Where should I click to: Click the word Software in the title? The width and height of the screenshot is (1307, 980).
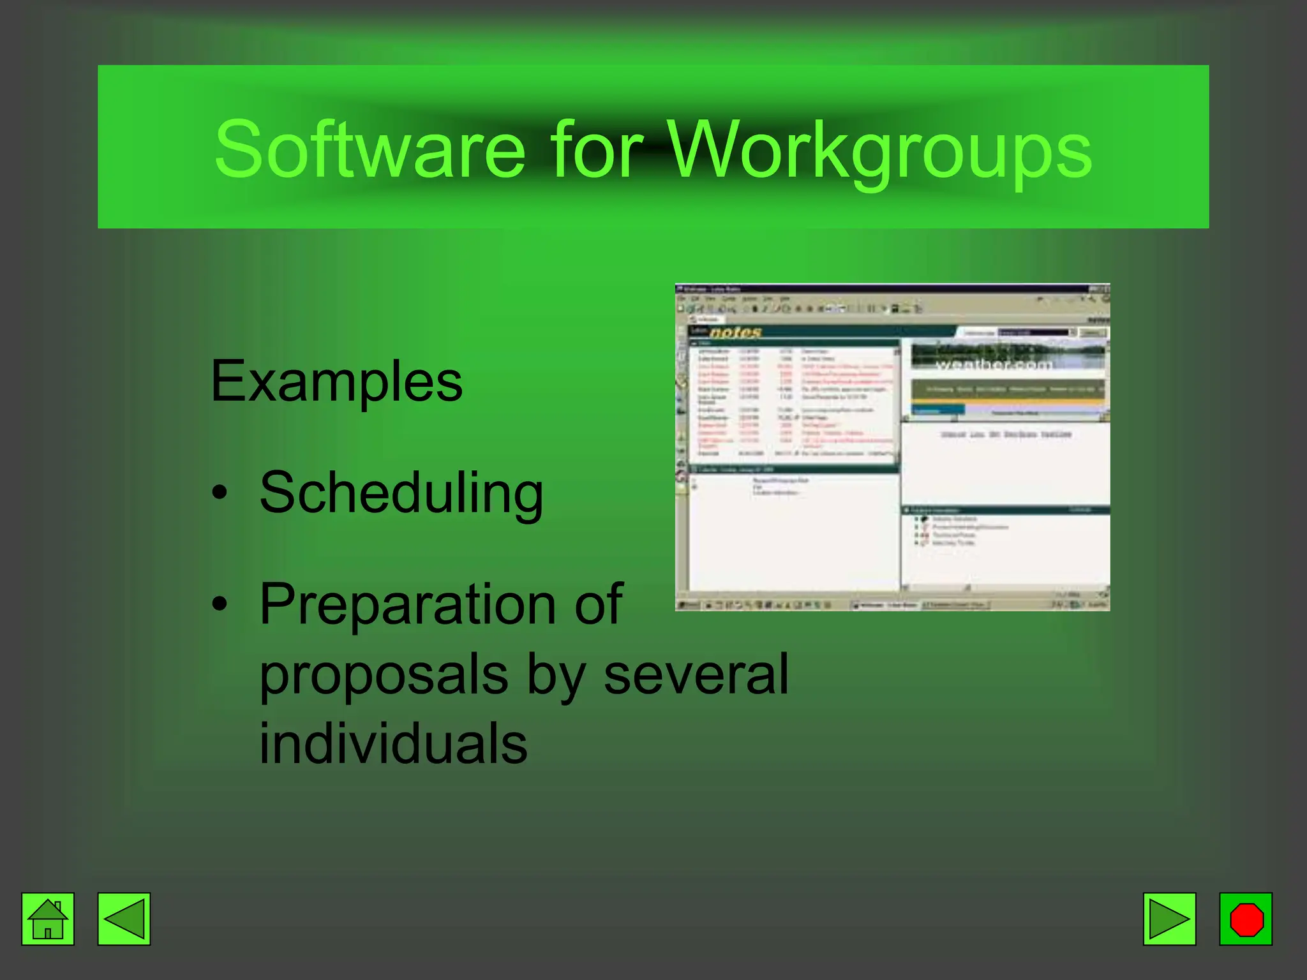coord(370,151)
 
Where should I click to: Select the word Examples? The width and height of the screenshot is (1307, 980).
coord(336,382)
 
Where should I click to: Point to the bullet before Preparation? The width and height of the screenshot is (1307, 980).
coord(220,603)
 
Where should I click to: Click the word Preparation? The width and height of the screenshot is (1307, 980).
coord(407,605)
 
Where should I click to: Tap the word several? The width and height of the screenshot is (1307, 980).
coord(696,674)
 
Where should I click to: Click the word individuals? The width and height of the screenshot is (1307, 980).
coord(393,744)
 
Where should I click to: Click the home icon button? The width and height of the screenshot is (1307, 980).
coord(48,919)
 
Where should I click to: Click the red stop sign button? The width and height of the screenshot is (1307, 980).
coord(1246,919)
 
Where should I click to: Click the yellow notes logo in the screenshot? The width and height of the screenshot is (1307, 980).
coord(735,332)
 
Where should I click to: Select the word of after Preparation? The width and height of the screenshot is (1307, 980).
coord(598,605)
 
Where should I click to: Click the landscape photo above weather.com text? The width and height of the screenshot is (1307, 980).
coord(1007,353)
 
